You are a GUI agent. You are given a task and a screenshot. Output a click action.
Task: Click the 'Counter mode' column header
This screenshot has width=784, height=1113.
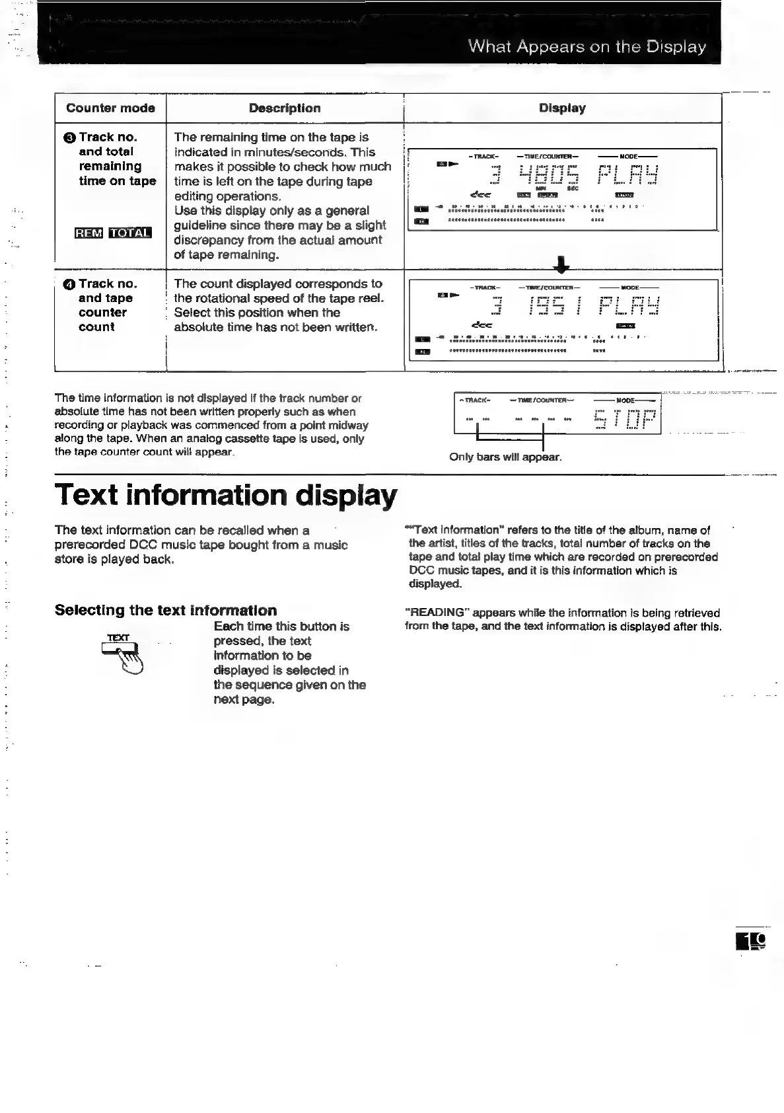click(110, 108)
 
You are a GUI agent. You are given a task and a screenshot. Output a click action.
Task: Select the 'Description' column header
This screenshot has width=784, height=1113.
click(285, 108)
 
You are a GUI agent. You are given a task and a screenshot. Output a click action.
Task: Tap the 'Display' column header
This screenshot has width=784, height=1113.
click(562, 108)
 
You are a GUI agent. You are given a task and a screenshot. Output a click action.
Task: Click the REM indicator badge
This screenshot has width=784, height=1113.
click(89, 233)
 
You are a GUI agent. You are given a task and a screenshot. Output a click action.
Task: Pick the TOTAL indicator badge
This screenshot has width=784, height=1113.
click(130, 233)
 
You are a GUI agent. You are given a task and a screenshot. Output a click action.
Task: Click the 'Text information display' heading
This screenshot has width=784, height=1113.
click(226, 495)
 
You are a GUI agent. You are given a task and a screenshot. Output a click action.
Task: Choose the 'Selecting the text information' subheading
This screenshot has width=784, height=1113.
click(166, 610)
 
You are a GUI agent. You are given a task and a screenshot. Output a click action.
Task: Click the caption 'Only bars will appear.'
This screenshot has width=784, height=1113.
click(505, 457)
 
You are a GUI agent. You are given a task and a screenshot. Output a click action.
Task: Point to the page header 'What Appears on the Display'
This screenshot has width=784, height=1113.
click(587, 47)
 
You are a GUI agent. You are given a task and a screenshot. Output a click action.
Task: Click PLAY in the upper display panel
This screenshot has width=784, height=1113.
click(627, 175)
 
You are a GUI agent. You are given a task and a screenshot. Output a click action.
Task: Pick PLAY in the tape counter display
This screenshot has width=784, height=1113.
click(627, 305)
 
